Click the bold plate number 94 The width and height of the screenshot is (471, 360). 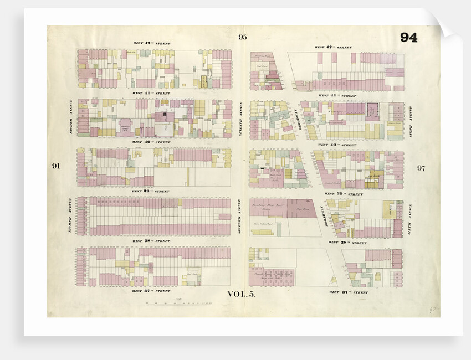click(x=408, y=38)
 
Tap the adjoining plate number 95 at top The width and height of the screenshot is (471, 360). click(x=242, y=37)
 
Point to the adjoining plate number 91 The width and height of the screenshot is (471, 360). click(x=55, y=167)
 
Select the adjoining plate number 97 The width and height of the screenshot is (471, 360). click(x=421, y=168)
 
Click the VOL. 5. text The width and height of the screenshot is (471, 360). click(x=242, y=295)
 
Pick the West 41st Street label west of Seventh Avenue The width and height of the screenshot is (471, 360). click(x=144, y=93)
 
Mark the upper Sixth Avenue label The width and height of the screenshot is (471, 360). click(x=411, y=116)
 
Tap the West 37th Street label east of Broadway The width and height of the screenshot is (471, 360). click(x=347, y=292)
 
